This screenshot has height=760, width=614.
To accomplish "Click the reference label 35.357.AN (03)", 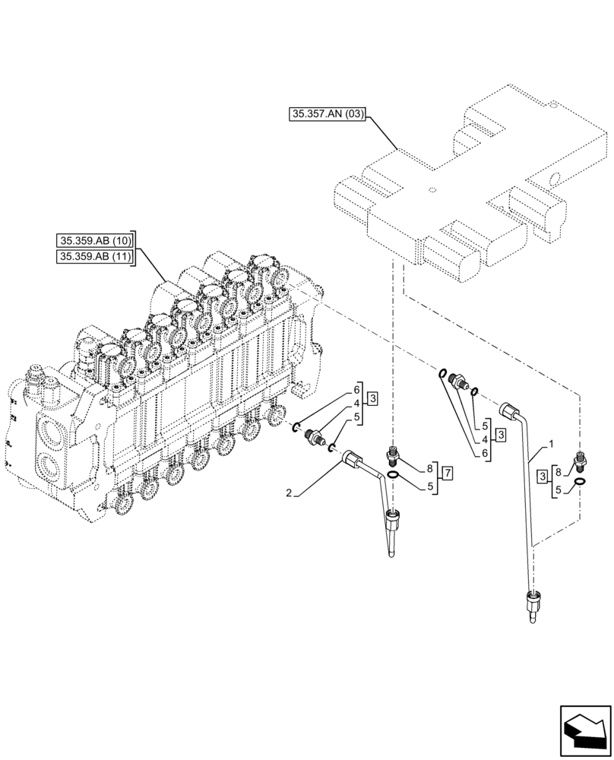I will (328, 115).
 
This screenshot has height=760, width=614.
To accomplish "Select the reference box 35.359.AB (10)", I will (94, 240).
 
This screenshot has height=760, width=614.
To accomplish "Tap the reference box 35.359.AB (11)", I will (94, 257).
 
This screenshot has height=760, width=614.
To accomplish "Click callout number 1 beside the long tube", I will (551, 442).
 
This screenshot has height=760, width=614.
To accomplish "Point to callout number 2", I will (290, 493).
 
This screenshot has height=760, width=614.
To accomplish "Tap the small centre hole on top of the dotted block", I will (431, 189).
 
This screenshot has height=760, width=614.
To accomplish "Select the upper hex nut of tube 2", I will (351, 458).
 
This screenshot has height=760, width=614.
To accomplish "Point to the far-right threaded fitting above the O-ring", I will (581, 460).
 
